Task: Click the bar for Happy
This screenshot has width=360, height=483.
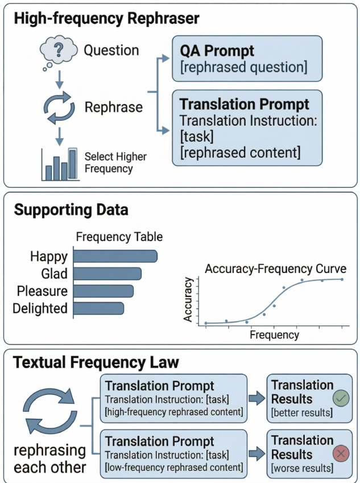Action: pos(115,256)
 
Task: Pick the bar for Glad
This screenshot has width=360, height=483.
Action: pos(107,274)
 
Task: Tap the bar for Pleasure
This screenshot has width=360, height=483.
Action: pos(104,291)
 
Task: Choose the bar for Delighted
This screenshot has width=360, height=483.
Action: pos(99,308)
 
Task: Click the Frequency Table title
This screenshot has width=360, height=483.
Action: pos(119,237)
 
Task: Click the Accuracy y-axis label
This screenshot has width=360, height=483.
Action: pos(188,300)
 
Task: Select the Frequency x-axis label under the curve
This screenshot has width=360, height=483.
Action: pos(274,335)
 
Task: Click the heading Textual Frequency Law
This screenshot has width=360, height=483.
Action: pos(96,362)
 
